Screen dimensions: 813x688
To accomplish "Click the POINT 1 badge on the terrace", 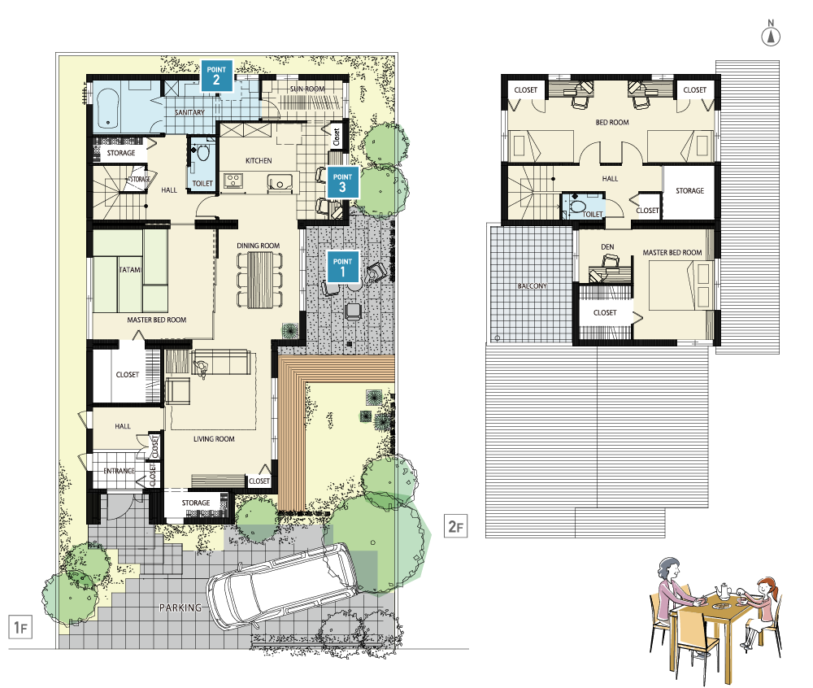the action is [x=342, y=267].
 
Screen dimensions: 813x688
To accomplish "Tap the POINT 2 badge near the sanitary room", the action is [x=216, y=75].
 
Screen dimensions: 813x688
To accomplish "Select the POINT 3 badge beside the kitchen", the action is [x=342, y=182].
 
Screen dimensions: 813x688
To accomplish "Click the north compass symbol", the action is [x=771, y=33].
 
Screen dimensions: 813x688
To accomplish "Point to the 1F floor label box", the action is [x=20, y=627].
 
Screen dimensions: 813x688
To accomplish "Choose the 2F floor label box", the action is [x=456, y=526].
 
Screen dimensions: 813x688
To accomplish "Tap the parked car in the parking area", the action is [x=283, y=585].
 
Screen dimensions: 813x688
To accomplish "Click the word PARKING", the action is [x=180, y=607].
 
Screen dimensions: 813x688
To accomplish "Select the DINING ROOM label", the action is [x=259, y=246].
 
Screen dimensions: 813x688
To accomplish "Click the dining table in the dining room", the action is [x=259, y=280].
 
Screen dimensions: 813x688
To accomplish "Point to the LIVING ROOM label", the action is [x=214, y=439].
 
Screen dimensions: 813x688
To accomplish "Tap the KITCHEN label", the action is [x=259, y=161].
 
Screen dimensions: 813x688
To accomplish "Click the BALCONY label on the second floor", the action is [x=532, y=285].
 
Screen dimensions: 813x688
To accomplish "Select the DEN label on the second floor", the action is [x=607, y=246].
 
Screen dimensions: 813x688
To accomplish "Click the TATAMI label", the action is [x=130, y=270].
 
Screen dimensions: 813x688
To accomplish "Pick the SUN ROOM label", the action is [x=307, y=89].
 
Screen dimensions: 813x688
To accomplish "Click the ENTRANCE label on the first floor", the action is [x=120, y=471].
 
